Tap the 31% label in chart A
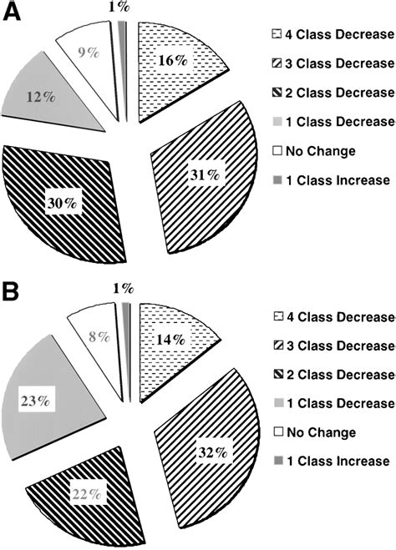tap(203, 175)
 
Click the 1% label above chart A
tap(122, 7)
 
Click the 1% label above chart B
tap(123, 288)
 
